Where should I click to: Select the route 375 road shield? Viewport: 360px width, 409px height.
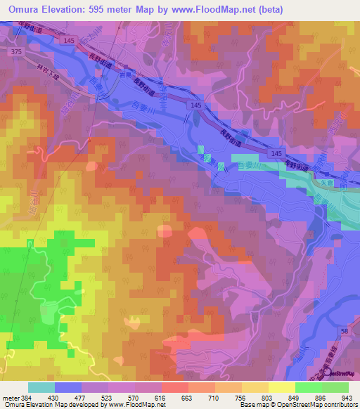(x=16, y=52)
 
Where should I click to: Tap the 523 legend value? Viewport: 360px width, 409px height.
(x=108, y=397)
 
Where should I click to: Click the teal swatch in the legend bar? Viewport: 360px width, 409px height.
(x=41, y=387)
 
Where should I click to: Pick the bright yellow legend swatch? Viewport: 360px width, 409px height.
(x=282, y=387)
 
